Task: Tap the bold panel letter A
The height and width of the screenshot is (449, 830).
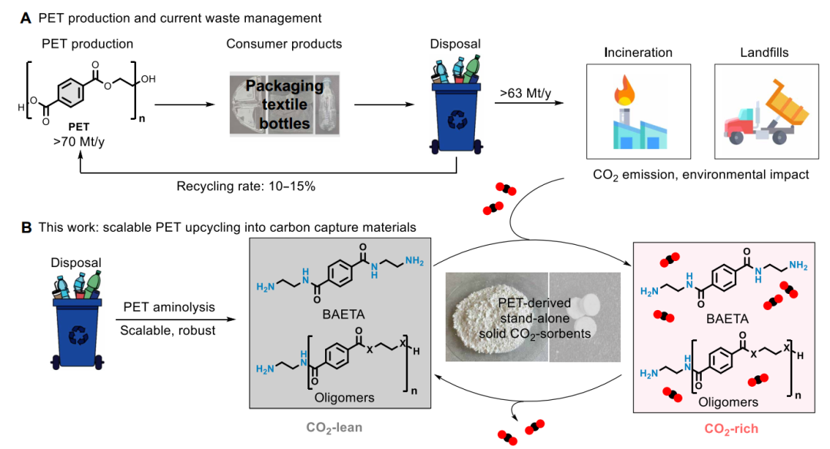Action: click(x=26, y=16)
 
